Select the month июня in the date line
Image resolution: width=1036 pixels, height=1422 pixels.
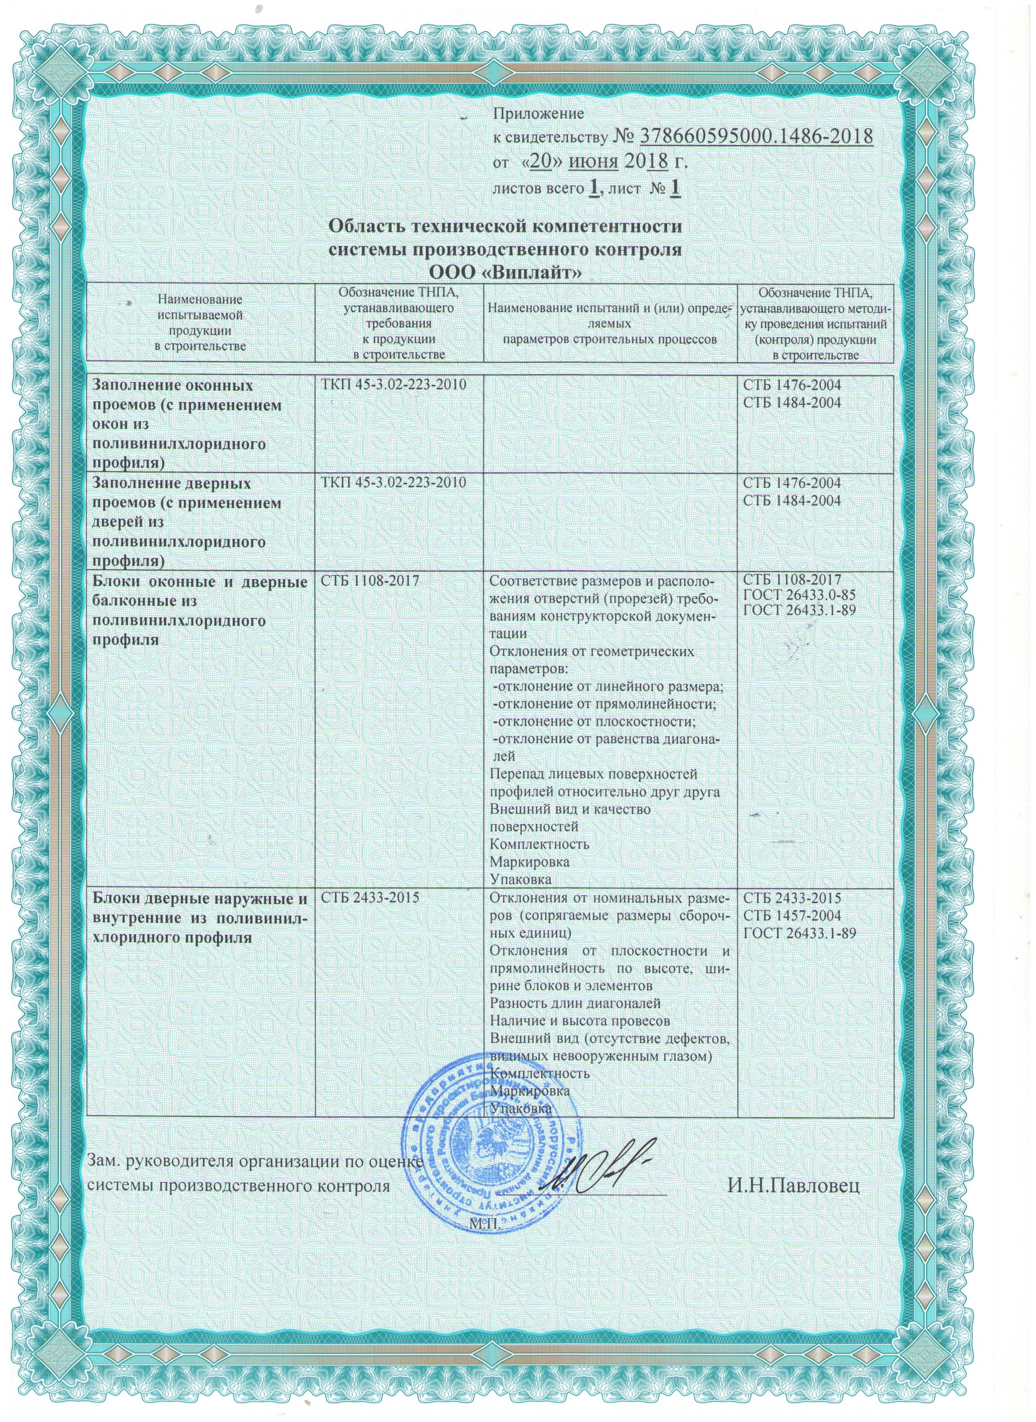[x=593, y=162]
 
